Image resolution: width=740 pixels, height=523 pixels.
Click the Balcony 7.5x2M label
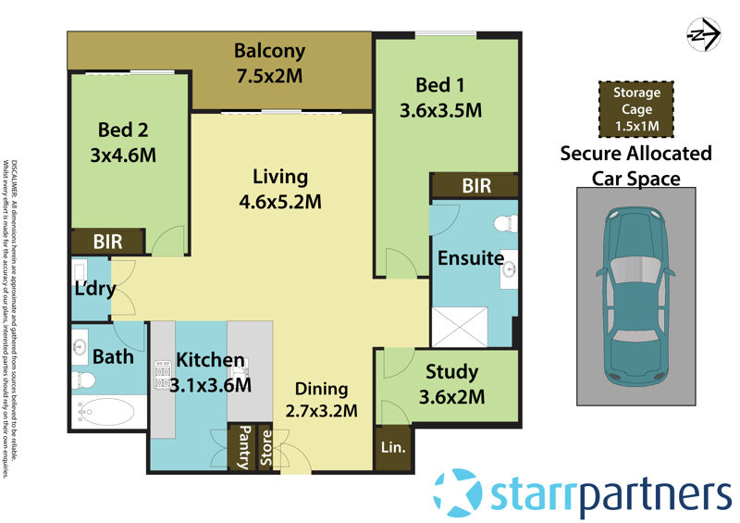[269, 63]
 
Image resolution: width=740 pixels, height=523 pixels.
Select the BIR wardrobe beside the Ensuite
[475, 186]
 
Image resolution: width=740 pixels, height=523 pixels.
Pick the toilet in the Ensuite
[504, 223]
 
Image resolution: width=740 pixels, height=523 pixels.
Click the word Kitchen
[211, 359]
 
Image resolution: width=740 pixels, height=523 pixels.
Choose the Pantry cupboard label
[243, 448]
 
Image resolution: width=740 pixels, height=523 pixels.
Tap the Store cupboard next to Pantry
[265, 448]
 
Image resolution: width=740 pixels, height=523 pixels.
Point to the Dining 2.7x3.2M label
[322, 399]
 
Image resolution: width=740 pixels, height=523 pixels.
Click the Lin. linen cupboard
[393, 448]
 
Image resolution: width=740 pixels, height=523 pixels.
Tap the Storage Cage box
[635, 108]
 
